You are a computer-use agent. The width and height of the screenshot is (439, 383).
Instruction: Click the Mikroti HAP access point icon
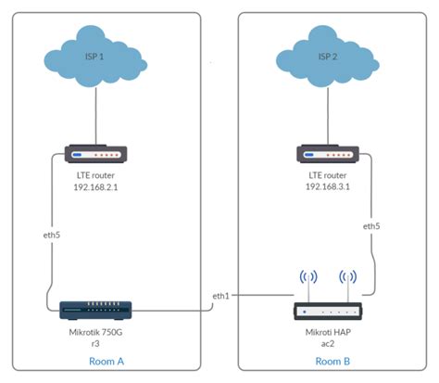tap(327, 312)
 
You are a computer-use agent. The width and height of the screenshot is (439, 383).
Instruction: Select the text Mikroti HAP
tap(327, 331)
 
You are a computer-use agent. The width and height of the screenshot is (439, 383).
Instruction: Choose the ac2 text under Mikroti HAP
tap(327, 343)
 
